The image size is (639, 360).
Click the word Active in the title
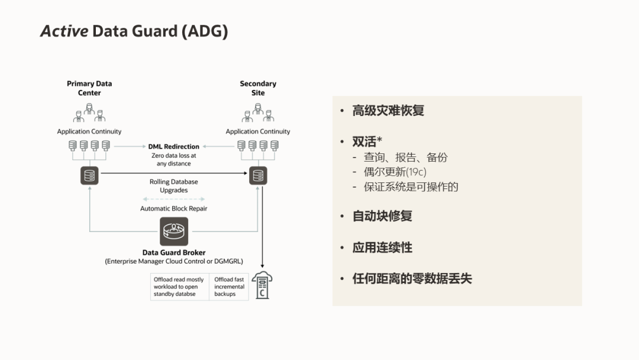pos(63,31)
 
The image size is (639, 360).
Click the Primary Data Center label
pos(89,88)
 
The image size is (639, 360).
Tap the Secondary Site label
pos(258,88)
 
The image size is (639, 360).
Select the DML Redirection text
pos(173,146)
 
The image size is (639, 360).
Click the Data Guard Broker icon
pos(174,231)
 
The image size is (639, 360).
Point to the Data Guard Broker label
pos(174,253)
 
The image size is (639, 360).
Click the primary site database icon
pos(89,176)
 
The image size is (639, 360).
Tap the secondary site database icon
pos(257,176)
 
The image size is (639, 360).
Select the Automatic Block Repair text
pos(174,208)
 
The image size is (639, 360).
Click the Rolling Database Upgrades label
pos(174,186)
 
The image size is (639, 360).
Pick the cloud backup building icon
pos(262,285)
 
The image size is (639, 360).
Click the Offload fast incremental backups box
pos(229,287)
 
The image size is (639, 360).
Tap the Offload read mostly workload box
pos(179,287)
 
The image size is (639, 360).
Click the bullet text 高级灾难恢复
pos(388,111)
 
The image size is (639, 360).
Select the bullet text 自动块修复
pos(382,216)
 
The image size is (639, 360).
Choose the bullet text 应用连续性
pos(382,247)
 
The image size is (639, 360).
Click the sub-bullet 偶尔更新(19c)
pos(395,172)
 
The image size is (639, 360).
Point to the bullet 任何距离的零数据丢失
pos(412,278)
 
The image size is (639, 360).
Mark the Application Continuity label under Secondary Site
pos(258,131)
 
